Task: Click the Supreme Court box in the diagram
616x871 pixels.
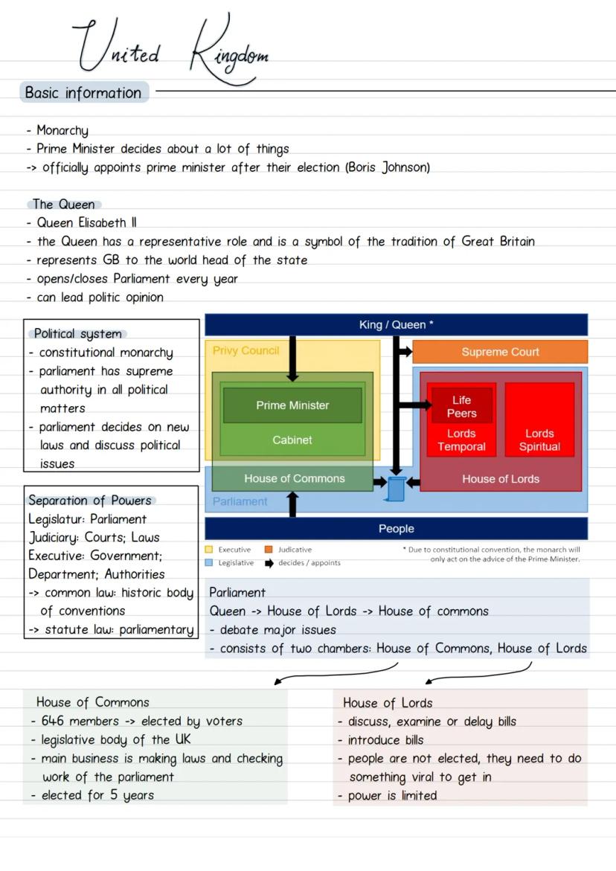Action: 500,352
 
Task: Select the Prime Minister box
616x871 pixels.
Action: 292,405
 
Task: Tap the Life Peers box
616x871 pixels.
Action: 461,406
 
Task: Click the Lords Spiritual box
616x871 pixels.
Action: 539,440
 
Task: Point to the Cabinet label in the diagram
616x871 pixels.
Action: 292,440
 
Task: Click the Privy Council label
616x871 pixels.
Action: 246,350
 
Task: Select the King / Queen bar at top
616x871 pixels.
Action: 396,324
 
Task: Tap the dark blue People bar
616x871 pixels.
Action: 396,529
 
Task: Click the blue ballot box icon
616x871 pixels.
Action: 397,489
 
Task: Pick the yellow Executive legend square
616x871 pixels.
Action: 209,550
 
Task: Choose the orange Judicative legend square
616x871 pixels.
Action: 269,550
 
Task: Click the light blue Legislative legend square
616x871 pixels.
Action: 209,563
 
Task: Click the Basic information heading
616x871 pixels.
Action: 83,93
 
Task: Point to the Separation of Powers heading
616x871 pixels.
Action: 90,501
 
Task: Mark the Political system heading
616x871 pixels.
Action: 77,334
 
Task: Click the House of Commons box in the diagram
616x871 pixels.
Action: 294,479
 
